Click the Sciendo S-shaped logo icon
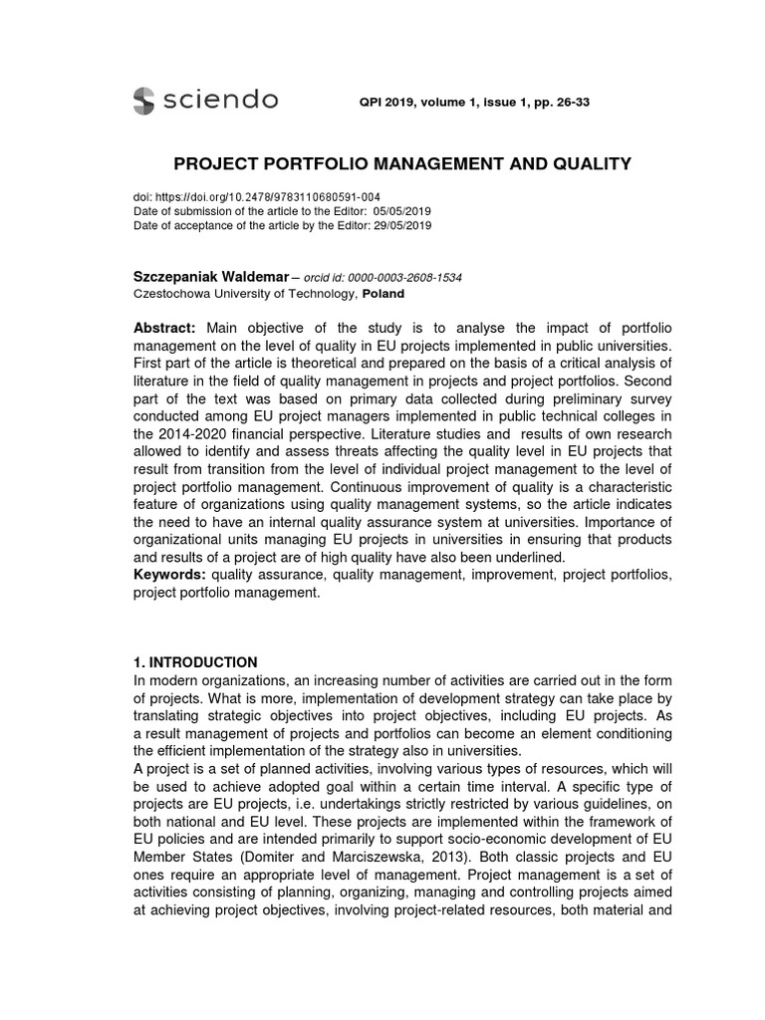click(143, 101)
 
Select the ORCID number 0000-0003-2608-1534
click(401, 277)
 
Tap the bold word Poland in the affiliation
click(382, 294)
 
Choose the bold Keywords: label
click(169, 575)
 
